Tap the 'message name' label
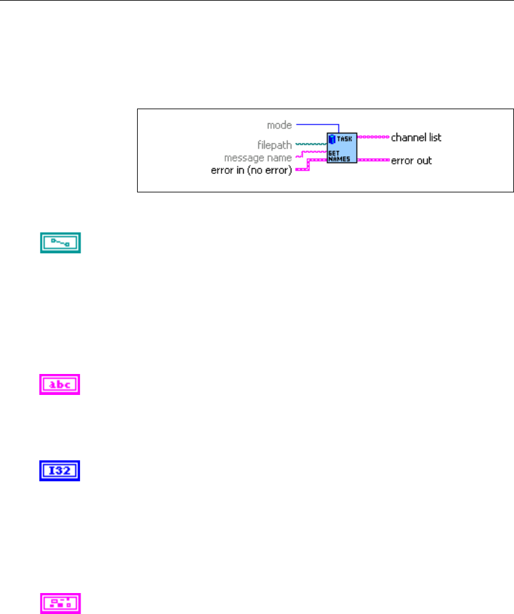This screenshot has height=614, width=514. coord(258,157)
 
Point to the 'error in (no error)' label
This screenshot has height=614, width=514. coord(251,170)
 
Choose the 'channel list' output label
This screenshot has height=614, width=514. coord(416,137)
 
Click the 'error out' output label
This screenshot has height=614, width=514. coord(411,161)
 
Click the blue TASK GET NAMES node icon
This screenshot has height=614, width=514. coord(342,148)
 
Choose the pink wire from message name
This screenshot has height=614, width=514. coord(311,152)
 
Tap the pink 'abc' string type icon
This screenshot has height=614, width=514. coord(61,385)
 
